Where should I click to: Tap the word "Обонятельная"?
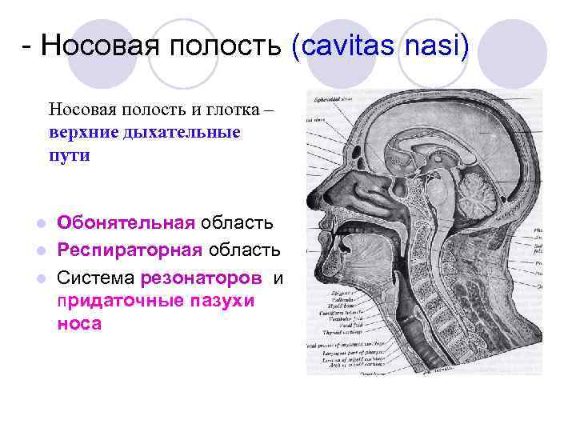126,222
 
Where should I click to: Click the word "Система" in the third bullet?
95,279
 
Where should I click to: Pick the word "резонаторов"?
201,279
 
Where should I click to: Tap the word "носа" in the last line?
79,325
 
